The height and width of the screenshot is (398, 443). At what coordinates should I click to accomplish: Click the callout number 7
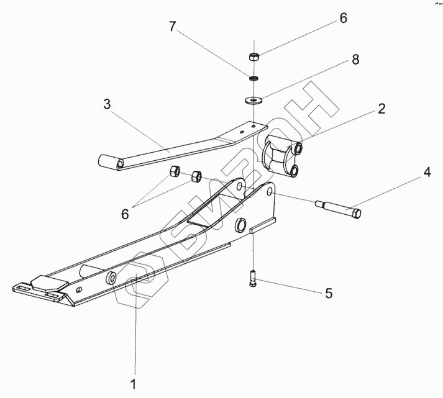pyautogui.click(x=173, y=27)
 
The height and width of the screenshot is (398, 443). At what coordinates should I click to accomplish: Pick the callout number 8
pyautogui.click(x=355, y=60)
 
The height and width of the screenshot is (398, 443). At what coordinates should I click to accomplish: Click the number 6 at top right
pyautogui.click(x=343, y=19)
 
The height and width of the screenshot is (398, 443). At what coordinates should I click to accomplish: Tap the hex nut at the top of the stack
pyautogui.click(x=254, y=57)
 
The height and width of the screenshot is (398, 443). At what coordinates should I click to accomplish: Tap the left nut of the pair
pyautogui.click(x=175, y=171)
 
